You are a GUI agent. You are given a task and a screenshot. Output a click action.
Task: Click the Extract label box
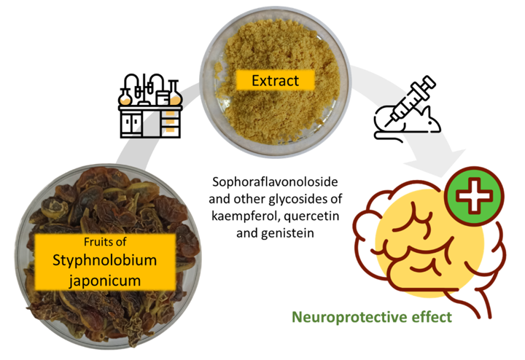(x=275, y=79)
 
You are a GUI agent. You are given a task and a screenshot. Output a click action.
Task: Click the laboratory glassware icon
(x=149, y=90)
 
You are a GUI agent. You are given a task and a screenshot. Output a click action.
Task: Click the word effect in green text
(x=426, y=317)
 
